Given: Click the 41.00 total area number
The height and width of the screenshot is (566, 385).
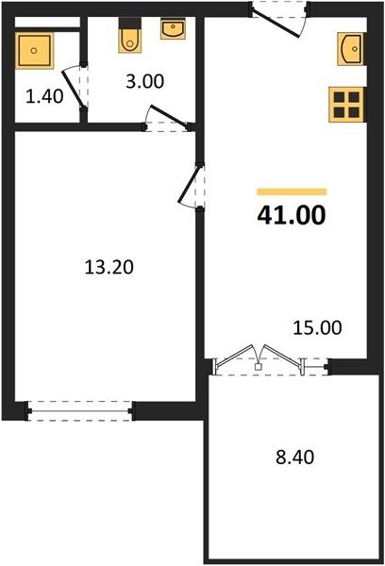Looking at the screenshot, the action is click(292, 215).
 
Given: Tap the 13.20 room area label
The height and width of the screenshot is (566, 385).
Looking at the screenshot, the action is click(109, 268).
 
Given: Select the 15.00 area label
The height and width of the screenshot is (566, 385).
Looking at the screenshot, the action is click(317, 328).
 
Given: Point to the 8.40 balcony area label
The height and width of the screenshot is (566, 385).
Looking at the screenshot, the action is click(294, 457).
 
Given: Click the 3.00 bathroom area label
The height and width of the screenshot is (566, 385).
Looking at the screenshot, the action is click(144, 81).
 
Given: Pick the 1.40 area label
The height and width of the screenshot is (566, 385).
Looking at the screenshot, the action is click(44, 96).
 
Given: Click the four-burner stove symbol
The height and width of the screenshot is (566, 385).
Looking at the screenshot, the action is click(346, 105).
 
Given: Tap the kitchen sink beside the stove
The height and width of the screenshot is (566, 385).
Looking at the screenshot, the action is click(350, 49).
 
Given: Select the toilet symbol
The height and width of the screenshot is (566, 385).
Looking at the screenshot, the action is click(130, 36).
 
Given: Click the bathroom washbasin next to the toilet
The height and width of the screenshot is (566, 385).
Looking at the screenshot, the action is click(173, 28).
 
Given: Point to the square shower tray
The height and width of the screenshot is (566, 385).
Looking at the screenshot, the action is click(34, 51).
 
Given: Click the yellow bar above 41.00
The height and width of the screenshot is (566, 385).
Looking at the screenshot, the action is click(292, 191).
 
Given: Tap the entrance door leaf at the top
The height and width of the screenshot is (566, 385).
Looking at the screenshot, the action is click(276, 23).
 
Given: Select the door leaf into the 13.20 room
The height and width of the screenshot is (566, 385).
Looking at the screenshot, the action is click(189, 185).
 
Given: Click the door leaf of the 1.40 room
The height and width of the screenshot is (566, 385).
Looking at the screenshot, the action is click(73, 89).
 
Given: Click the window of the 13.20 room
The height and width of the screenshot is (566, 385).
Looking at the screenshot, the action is click(80, 410).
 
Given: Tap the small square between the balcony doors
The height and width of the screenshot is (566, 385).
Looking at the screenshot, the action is click(258, 367).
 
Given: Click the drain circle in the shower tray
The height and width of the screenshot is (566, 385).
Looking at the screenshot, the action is click(34, 51).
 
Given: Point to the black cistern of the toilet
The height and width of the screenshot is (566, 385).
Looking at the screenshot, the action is click(130, 23).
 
